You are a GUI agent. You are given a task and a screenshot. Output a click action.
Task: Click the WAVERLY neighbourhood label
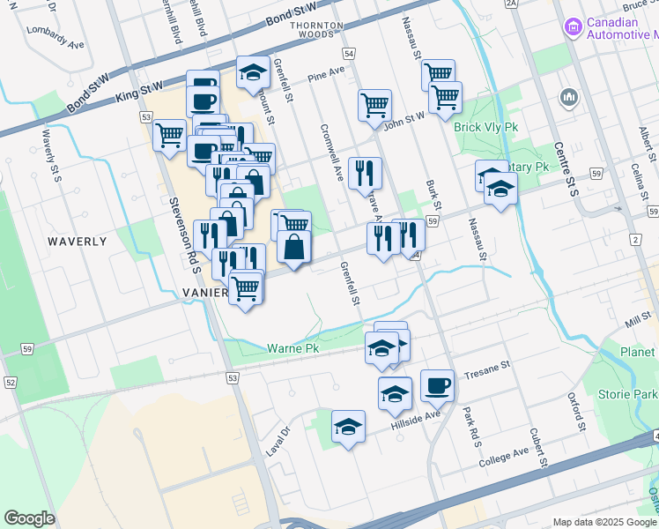[77, 241]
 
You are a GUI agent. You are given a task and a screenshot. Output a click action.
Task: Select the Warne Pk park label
[293, 349]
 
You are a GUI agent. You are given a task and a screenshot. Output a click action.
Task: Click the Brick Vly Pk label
[485, 127]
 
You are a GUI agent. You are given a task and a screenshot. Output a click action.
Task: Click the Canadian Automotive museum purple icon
[574, 28]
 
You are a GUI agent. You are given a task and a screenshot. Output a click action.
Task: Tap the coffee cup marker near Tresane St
[437, 385]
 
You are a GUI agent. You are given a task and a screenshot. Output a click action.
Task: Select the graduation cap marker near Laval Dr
[349, 427]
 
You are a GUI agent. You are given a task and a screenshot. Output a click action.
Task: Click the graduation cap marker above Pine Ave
[253, 71]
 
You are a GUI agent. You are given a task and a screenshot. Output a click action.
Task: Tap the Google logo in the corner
[30, 518]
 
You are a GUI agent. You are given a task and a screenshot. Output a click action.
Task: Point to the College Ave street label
[504, 456]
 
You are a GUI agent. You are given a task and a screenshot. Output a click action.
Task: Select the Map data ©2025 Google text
[603, 522]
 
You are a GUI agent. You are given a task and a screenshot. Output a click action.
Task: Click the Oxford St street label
[577, 412]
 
